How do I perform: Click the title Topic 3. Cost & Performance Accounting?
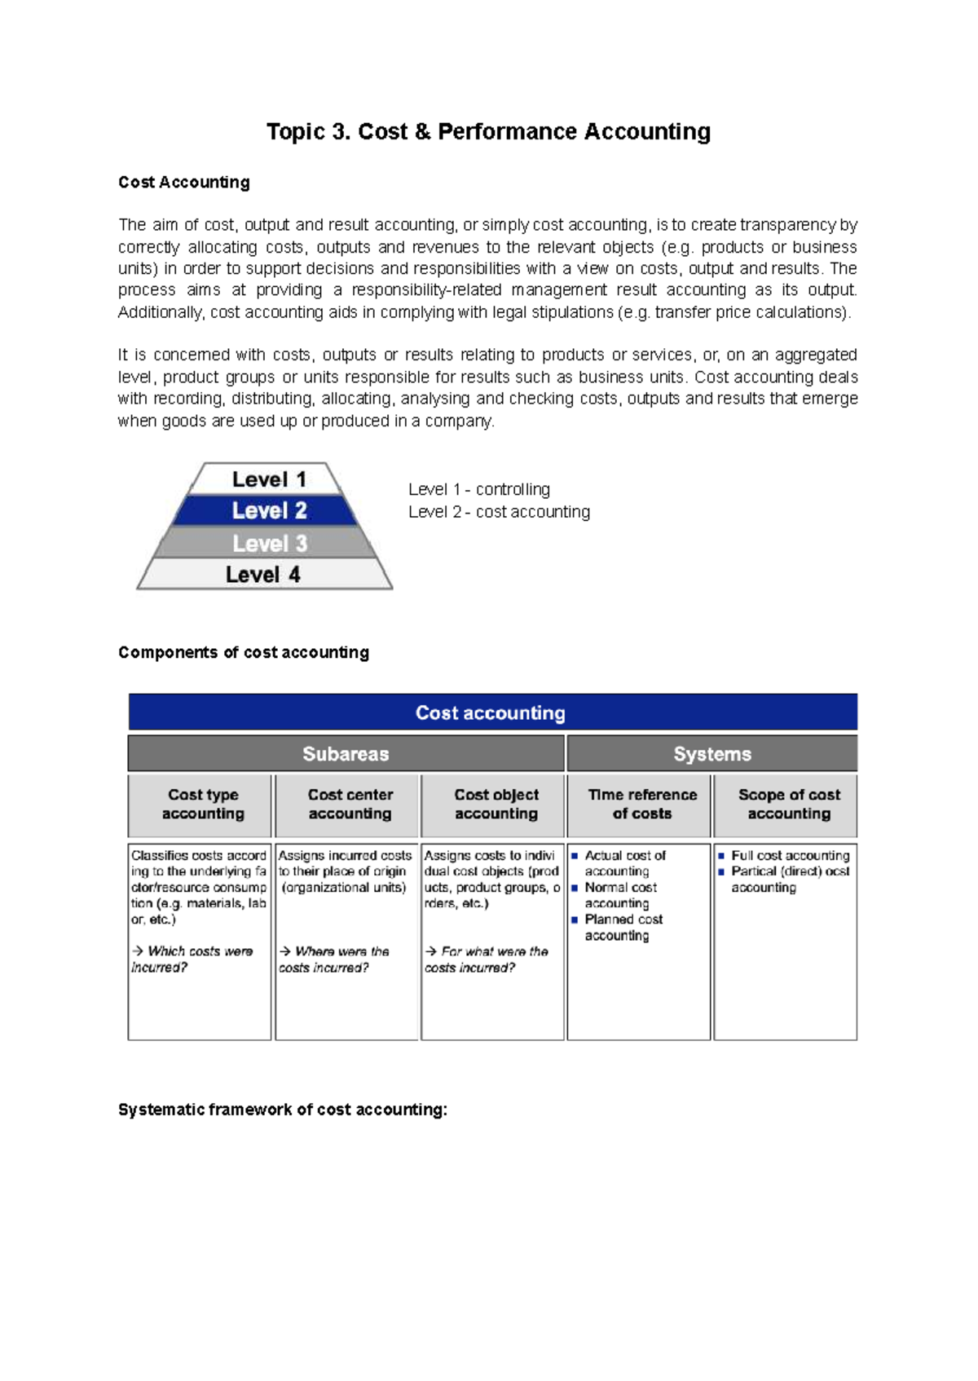pyautogui.click(x=488, y=132)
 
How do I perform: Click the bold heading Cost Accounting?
pyautogui.click(x=184, y=183)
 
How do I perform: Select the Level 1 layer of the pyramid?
pyautogui.click(x=268, y=479)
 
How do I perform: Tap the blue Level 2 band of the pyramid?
pyautogui.click(x=268, y=511)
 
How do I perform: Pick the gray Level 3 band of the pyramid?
pyautogui.click(x=268, y=544)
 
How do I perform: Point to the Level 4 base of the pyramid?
pyautogui.click(x=263, y=575)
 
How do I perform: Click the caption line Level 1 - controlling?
pyautogui.click(x=478, y=489)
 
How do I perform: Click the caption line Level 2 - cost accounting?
pyautogui.click(x=499, y=512)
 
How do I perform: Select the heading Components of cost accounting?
pyautogui.click(x=244, y=652)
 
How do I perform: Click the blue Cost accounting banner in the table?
pyautogui.click(x=491, y=713)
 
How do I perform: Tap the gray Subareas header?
pyautogui.click(x=346, y=754)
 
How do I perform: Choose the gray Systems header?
pyautogui.click(x=711, y=754)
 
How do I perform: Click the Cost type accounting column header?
pyautogui.click(x=203, y=805)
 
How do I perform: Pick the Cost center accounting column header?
pyautogui.click(x=350, y=805)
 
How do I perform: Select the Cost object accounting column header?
pyautogui.click(x=496, y=805)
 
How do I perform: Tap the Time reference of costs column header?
pyautogui.click(x=641, y=805)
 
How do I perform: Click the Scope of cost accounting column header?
pyautogui.click(x=788, y=805)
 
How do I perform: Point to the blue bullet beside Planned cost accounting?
pyautogui.click(x=575, y=920)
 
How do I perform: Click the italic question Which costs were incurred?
pyautogui.click(x=192, y=960)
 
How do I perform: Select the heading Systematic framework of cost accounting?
pyautogui.click(x=283, y=1110)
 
